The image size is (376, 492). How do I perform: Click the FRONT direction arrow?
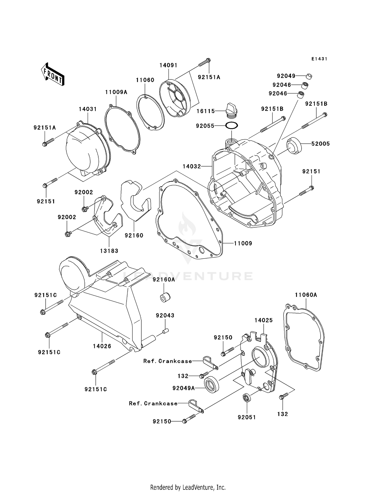point(53,75)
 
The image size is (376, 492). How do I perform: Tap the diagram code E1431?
point(319,59)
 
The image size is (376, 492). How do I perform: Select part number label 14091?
point(168,65)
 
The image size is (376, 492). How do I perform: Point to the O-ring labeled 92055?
point(232,125)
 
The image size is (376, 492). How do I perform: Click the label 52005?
point(320,144)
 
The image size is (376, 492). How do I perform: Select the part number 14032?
point(192,166)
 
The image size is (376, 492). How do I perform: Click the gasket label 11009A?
point(116,92)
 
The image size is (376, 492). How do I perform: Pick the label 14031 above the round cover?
point(88,109)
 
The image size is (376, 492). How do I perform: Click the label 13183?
point(109,251)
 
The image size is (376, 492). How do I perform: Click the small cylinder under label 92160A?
point(165,297)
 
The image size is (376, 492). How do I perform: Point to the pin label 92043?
point(165,315)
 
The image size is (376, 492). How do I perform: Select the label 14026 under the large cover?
point(102,346)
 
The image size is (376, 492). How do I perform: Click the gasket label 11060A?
point(306,295)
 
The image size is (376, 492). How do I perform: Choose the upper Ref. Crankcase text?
point(167,361)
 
